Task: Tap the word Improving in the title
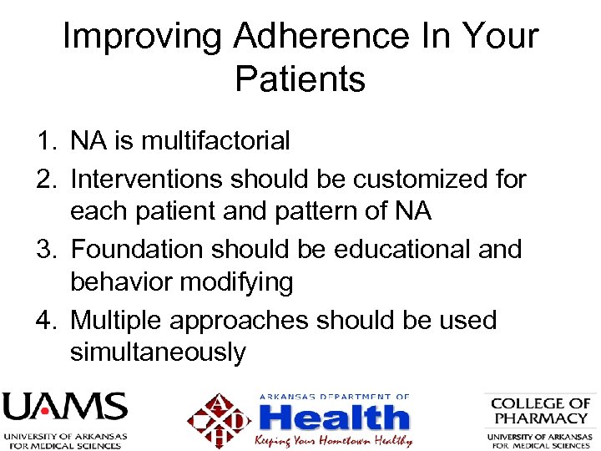point(142,38)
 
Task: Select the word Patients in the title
point(300,80)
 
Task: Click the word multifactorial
point(215,141)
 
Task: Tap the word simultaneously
point(158,352)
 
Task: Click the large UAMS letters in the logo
point(64,408)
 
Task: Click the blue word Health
point(334,417)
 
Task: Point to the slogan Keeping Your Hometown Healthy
point(334,439)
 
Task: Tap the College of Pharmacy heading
point(540,410)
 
